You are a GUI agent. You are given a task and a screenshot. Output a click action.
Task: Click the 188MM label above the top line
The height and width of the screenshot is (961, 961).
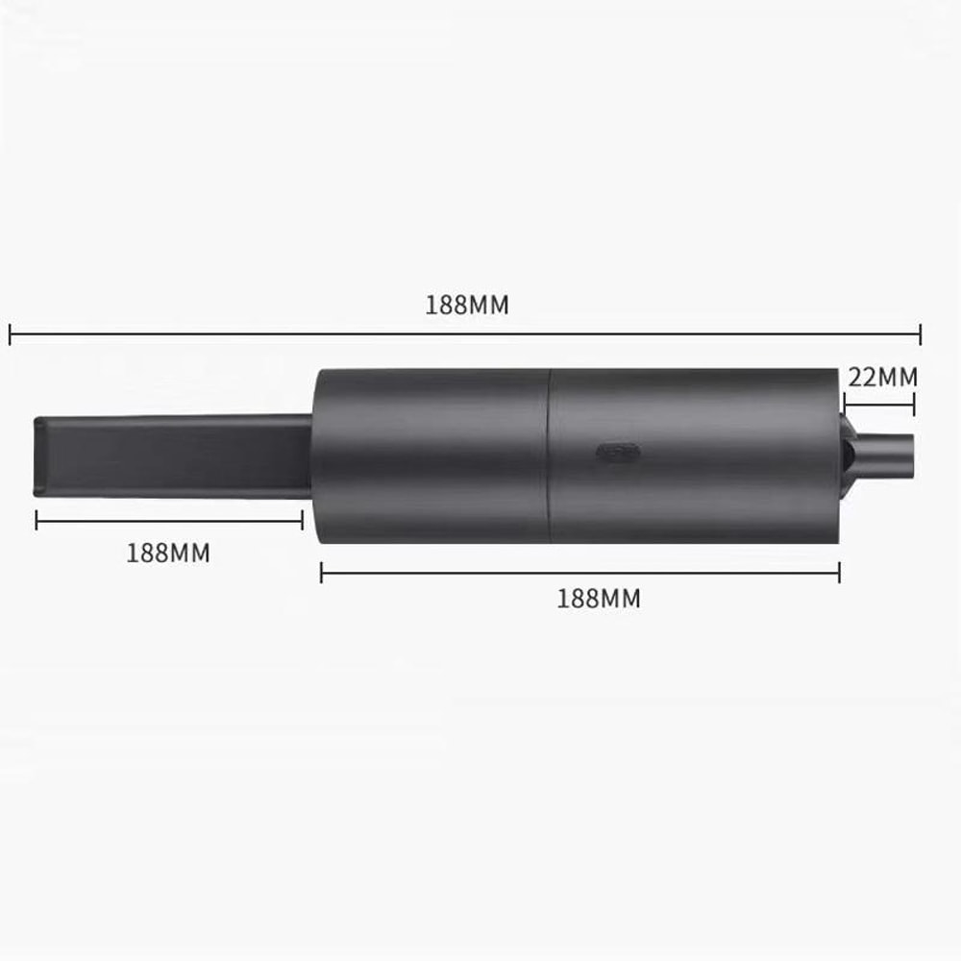click(467, 306)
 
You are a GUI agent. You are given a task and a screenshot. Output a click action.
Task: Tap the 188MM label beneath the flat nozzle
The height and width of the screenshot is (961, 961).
click(168, 554)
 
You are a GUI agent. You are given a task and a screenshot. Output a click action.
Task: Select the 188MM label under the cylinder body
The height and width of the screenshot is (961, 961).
click(598, 598)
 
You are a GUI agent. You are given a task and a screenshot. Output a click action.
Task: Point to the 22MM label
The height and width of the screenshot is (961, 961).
click(881, 377)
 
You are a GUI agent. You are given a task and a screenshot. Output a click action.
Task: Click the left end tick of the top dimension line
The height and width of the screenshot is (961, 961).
click(10, 334)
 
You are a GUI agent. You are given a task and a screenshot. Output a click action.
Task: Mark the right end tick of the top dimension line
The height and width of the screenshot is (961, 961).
click(921, 334)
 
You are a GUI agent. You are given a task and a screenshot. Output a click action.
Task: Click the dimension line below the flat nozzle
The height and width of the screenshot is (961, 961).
click(169, 520)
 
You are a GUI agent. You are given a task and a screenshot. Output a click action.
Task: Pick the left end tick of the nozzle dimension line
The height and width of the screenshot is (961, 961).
click(37, 520)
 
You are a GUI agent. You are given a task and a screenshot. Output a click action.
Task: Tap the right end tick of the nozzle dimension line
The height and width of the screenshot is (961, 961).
click(303, 520)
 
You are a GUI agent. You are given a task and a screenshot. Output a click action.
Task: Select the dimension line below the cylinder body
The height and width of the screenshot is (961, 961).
click(579, 573)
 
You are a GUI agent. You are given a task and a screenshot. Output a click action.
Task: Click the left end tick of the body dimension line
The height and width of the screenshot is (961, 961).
click(321, 573)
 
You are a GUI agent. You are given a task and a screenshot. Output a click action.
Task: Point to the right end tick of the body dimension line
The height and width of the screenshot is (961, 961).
click(839, 573)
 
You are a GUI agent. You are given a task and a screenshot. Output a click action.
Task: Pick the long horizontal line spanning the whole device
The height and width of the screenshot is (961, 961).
click(465, 334)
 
